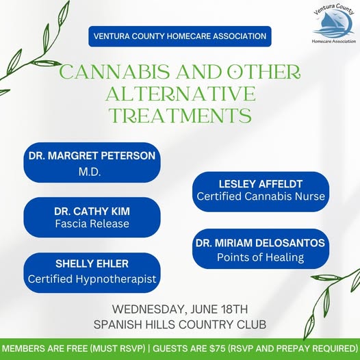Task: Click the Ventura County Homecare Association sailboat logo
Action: coord(334,23)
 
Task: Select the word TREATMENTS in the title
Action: coord(180,115)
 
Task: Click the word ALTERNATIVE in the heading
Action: coord(181,94)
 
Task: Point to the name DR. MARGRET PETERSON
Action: coord(92,155)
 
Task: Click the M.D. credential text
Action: coord(90,172)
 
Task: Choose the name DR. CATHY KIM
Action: coord(92,211)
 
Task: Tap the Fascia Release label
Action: coord(92,224)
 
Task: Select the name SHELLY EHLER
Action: coord(92,263)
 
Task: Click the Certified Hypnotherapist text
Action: coord(92,279)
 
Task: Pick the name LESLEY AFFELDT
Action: coord(261,184)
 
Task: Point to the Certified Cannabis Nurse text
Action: coord(261,196)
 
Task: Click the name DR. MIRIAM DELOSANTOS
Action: coord(260,243)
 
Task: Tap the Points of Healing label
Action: coord(260,257)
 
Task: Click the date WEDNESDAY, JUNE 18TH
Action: coord(180,309)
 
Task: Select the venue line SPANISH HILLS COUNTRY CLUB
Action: coord(180,324)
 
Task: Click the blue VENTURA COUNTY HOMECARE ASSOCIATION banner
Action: coord(180,36)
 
